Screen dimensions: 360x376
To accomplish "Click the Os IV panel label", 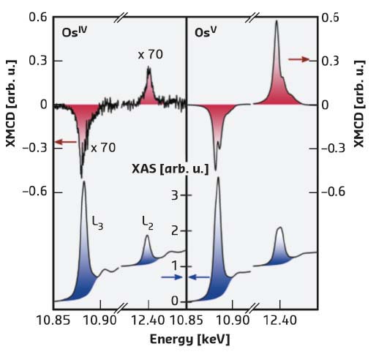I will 72,33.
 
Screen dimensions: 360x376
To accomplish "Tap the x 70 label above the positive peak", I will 150,55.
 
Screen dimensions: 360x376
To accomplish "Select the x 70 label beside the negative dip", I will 103,148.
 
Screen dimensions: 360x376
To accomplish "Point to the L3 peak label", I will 97,226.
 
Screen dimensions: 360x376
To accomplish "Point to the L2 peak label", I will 148,219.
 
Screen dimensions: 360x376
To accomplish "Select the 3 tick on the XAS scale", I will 174,196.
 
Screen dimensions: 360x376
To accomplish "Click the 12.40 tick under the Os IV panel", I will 148,320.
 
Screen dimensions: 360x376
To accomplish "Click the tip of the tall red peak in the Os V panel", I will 277,21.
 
